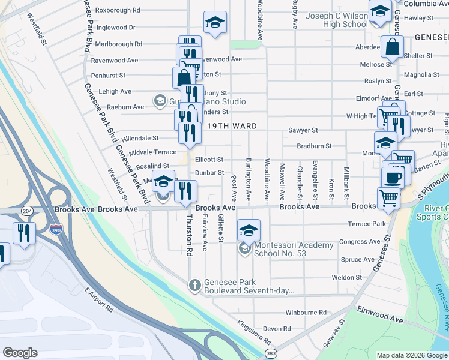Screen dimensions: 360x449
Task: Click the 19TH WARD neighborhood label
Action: pyautogui.click(x=232, y=127)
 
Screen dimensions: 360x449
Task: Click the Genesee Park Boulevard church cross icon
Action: pyautogui.click(x=194, y=286)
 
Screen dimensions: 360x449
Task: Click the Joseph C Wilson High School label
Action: pyautogui.click(x=336, y=20)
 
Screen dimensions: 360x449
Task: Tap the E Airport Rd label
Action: pyautogui.click(x=99, y=300)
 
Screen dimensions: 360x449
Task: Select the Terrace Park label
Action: pyautogui.click(x=366, y=224)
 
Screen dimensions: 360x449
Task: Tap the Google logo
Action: pyautogui.click(x=20, y=352)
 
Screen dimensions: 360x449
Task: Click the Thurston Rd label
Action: pyautogui.click(x=189, y=245)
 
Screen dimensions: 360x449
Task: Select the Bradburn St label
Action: pyautogui.click(x=314, y=146)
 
